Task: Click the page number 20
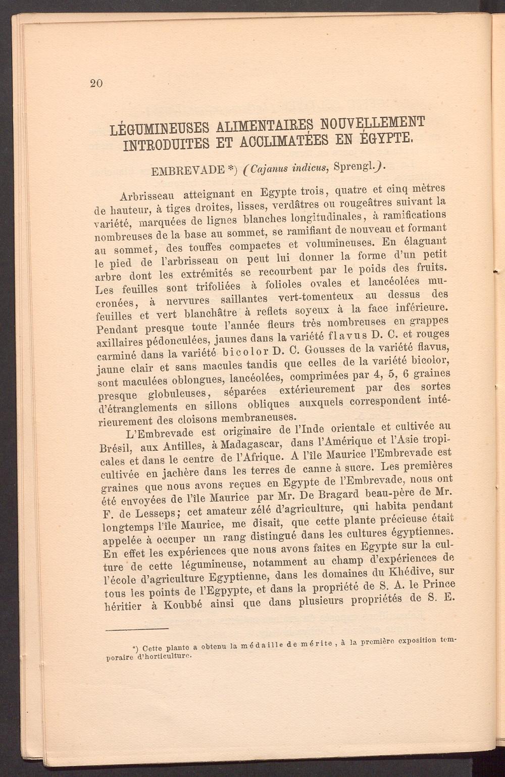pos(96,84)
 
